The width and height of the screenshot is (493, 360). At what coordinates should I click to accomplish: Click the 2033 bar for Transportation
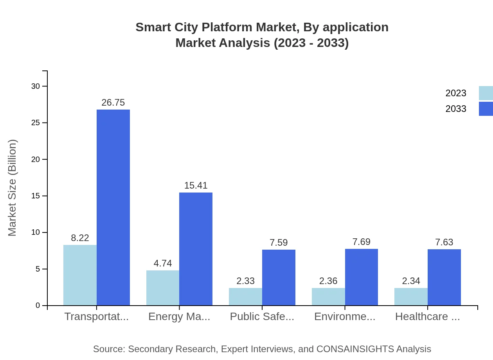113,207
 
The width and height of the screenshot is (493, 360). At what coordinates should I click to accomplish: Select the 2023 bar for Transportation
80,275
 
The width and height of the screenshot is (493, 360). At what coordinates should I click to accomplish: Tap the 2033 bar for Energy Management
196,249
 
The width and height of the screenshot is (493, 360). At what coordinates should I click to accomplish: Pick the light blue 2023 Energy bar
163,288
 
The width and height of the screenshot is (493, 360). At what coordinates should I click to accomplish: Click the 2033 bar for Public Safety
279,277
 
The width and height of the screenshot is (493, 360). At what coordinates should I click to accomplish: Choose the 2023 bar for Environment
328,297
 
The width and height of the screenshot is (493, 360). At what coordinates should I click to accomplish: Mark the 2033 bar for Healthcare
444,277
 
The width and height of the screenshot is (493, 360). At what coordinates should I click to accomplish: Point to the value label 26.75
113,103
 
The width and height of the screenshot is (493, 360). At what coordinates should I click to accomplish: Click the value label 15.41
196,185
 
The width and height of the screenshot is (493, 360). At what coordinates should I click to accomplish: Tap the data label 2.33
246,281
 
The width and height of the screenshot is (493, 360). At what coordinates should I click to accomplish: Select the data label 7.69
361,242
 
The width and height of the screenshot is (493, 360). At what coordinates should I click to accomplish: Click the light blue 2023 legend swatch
486,93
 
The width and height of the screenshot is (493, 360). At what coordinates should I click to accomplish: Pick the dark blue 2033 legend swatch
486,109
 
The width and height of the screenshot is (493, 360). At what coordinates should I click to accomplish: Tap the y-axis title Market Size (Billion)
13,188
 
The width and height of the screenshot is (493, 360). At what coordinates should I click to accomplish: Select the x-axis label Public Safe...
262,317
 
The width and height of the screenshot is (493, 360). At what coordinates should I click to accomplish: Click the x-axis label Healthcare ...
427,317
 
